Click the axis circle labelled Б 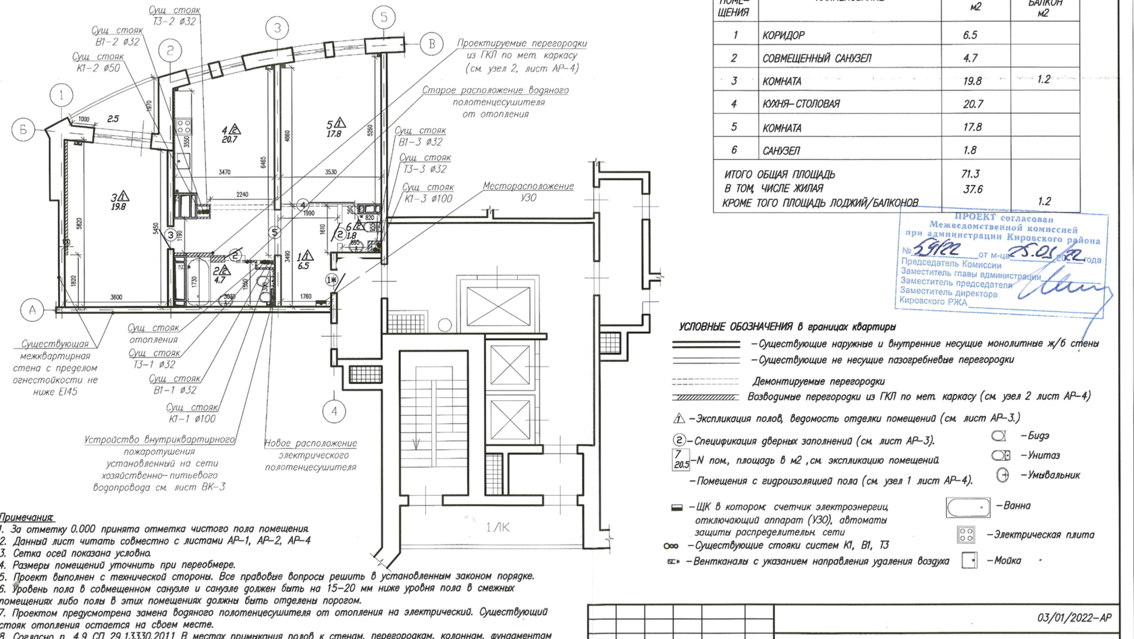[23, 129]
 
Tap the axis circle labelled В [432, 45]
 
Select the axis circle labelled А [32, 310]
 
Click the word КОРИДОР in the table [783, 35]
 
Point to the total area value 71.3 [971, 174]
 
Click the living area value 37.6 [973, 189]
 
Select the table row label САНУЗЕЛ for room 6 [781, 150]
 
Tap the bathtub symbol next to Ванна [968, 507]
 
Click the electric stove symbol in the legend [966, 535]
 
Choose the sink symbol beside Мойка [969, 561]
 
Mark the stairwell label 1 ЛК [497, 527]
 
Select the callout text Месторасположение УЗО [528, 192]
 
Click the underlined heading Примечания [27, 517]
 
